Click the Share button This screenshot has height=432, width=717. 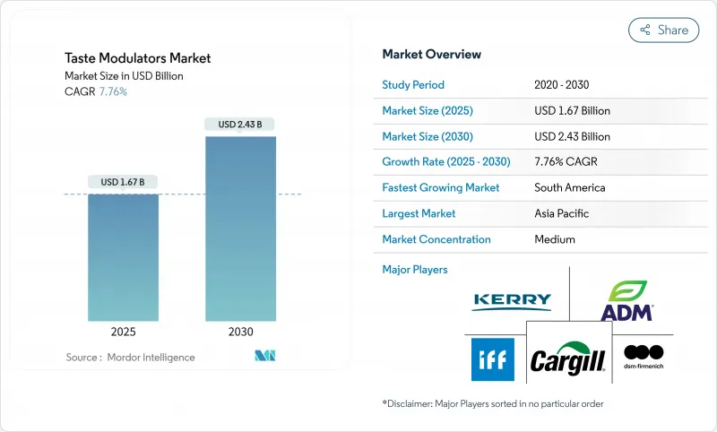coord(664,30)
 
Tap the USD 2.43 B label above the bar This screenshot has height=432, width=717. coord(240,124)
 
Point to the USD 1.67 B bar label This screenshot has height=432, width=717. coord(123,182)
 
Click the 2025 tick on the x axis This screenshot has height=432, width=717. coord(123,331)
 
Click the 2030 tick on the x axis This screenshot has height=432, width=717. coord(240,331)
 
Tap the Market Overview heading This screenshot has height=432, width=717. coord(432,55)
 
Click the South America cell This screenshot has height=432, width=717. coord(570,188)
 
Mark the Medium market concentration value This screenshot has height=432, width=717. coord(555,240)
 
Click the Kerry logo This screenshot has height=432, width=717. coord(512,300)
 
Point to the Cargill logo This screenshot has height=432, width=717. coord(568,359)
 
